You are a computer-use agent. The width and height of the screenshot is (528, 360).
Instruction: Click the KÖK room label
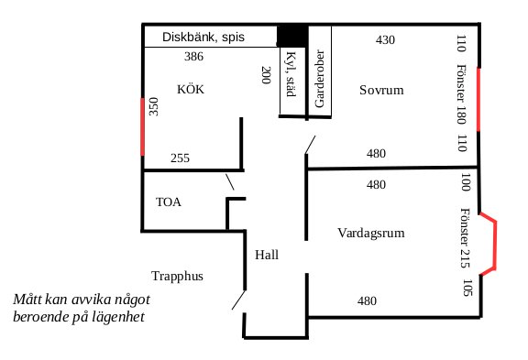(191, 89)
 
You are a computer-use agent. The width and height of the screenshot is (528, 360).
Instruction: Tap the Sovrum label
(381, 90)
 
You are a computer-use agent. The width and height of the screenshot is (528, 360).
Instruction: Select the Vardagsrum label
(371, 234)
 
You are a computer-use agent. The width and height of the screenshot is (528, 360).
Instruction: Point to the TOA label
(169, 202)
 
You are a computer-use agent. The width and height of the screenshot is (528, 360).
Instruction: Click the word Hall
(267, 255)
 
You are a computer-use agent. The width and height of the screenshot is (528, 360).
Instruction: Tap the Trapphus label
(178, 277)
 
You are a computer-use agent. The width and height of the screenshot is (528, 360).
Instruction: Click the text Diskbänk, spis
(203, 37)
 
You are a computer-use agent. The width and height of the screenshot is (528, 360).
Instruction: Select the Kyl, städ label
(291, 74)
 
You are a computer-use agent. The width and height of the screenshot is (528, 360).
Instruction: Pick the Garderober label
(320, 79)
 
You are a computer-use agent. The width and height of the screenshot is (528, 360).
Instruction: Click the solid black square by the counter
(292, 36)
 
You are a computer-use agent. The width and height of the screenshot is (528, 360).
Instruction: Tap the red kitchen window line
(143, 126)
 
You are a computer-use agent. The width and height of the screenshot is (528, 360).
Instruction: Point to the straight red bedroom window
(478, 99)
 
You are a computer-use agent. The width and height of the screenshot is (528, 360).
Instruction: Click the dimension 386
(193, 56)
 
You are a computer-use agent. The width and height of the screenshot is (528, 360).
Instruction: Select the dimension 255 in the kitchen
(181, 158)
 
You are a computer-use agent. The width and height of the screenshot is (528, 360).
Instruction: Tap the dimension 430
(385, 40)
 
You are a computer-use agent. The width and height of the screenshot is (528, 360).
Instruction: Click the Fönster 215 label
(466, 238)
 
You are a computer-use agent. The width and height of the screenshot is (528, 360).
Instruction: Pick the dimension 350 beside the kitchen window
(154, 106)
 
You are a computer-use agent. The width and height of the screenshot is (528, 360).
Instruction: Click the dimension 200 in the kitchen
(266, 75)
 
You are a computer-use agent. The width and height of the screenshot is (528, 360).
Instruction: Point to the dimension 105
(467, 288)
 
